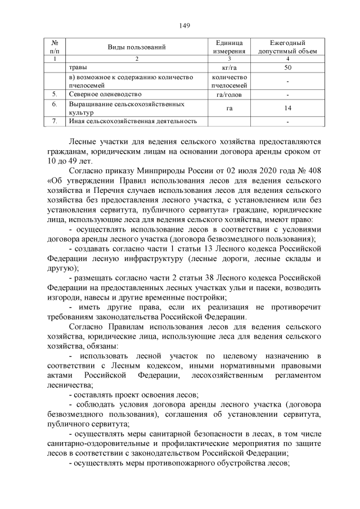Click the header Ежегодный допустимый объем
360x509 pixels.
tap(287, 47)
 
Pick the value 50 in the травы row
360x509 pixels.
tap(287, 67)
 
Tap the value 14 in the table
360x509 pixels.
tap(287, 107)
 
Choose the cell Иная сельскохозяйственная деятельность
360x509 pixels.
tap(133, 121)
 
